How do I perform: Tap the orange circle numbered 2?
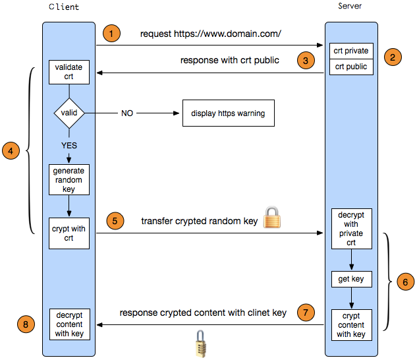tap(393, 57)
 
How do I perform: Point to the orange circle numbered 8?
tap(25, 324)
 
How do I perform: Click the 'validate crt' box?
tap(69, 72)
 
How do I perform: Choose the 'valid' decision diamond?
tap(69, 113)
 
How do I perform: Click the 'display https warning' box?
tap(228, 113)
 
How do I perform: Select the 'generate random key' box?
tap(69, 179)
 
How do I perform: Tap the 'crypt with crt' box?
tap(69, 233)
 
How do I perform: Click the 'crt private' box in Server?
tap(351, 51)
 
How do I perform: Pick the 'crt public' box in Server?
tap(351, 67)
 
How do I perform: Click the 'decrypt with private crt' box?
tap(351, 228)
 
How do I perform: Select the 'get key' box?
tap(351, 280)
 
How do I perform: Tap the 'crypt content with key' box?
tap(351, 325)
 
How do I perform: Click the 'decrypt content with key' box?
tap(69, 324)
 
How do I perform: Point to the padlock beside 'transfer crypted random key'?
tap(272, 218)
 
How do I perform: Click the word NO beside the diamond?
tap(127, 113)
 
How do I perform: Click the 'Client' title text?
tap(65, 7)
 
